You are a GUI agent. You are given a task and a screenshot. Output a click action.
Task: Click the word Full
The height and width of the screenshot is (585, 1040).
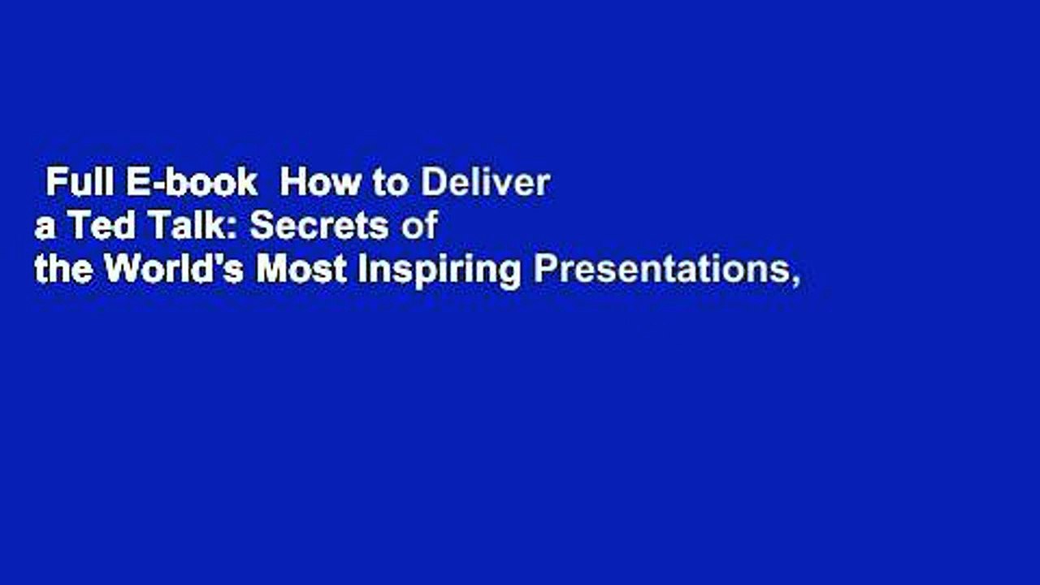click(x=80, y=183)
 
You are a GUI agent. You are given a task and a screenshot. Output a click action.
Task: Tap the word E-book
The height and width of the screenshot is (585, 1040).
click(x=190, y=183)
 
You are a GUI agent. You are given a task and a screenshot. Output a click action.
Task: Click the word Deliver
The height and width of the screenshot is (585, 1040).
click(x=485, y=183)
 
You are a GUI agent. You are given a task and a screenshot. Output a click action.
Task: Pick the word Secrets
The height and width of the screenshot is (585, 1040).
click(x=319, y=226)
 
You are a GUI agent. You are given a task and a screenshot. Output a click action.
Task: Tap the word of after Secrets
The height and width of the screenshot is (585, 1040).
click(x=420, y=226)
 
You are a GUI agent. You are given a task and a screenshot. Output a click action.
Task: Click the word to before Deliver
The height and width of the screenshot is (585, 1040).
click(x=391, y=184)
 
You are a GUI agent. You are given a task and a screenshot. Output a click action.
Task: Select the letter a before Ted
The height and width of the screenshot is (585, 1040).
click(x=42, y=230)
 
